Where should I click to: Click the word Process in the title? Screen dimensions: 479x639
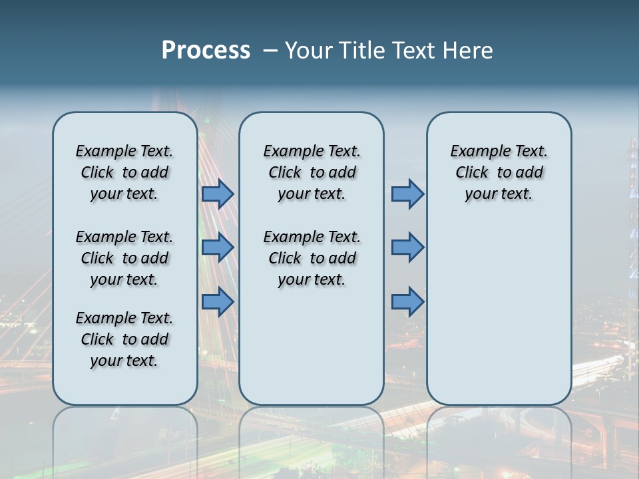click(x=206, y=51)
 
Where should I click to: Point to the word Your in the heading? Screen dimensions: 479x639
click(x=309, y=51)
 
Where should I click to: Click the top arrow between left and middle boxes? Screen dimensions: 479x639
click(x=218, y=194)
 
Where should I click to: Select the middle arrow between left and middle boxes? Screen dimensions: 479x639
click(x=218, y=247)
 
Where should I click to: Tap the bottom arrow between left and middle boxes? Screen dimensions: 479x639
click(x=218, y=302)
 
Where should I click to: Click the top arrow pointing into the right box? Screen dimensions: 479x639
click(x=407, y=194)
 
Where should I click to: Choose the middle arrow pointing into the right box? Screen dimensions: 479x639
click(x=407, y=247)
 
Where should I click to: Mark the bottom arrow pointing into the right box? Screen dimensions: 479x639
click(x=407, y=302)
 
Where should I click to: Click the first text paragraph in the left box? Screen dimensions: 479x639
click(x=124, y=172)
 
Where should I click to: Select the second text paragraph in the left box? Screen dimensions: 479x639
click(x=124, y=258)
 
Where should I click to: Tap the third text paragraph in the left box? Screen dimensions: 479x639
click(x=124, y=339)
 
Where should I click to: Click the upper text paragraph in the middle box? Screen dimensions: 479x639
click(x=312, y=172)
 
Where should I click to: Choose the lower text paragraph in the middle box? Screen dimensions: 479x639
click(x=312, y=258)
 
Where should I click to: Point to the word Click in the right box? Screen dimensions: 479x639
click(x=472, y=172)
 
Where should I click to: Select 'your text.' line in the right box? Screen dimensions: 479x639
click(x=499, y=194)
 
